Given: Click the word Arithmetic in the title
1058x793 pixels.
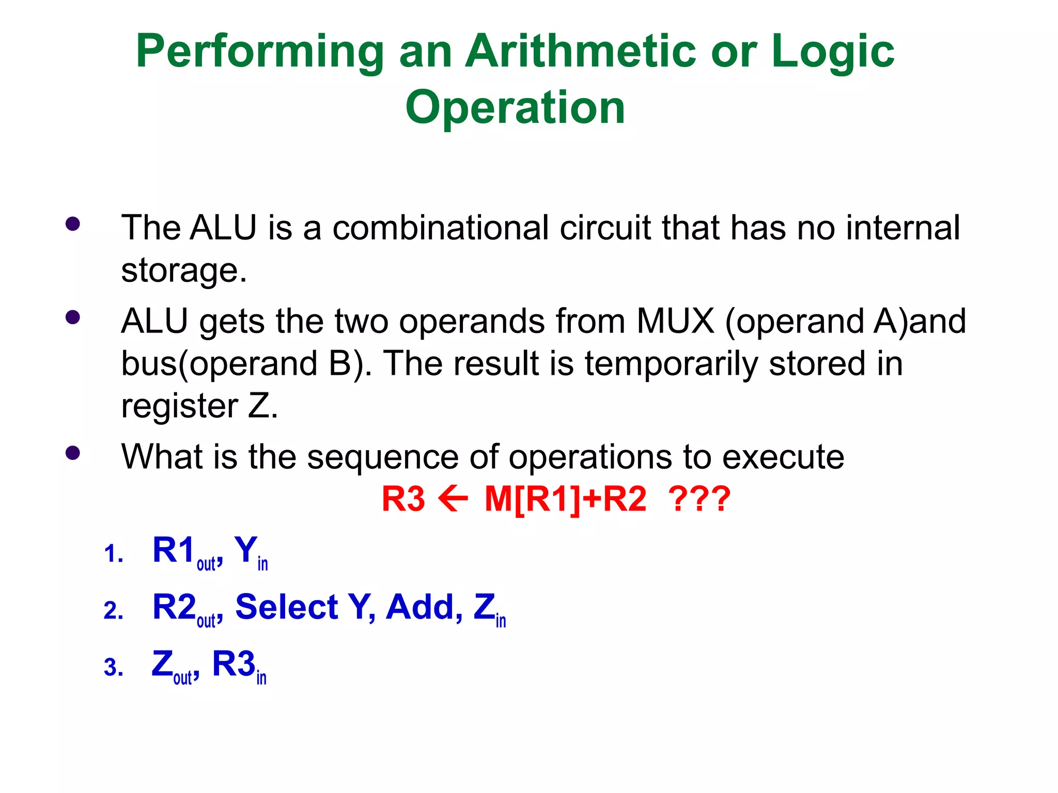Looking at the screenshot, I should (x=581, y=52).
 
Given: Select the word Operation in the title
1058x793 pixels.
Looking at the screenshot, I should (x=515, y=107).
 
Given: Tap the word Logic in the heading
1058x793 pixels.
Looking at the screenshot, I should (x=832, y=52).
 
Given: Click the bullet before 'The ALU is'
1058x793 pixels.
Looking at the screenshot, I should (x=73, y=224).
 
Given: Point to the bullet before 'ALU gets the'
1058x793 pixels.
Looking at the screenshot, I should (x=73, y=317).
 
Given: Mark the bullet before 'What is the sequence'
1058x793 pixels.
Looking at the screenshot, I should (x=73, y=453).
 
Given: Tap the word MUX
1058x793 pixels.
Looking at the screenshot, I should (x=675, y=321).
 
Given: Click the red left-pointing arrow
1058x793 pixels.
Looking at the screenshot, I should (x=453, y=499).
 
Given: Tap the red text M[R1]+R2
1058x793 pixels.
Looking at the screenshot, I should (x=565, y=499).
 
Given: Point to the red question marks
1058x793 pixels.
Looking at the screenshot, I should (x=699, y=499).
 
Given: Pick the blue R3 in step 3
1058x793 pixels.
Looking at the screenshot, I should (x=234, y=664).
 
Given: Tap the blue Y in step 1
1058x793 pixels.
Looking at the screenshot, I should (x=245, y=550).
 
